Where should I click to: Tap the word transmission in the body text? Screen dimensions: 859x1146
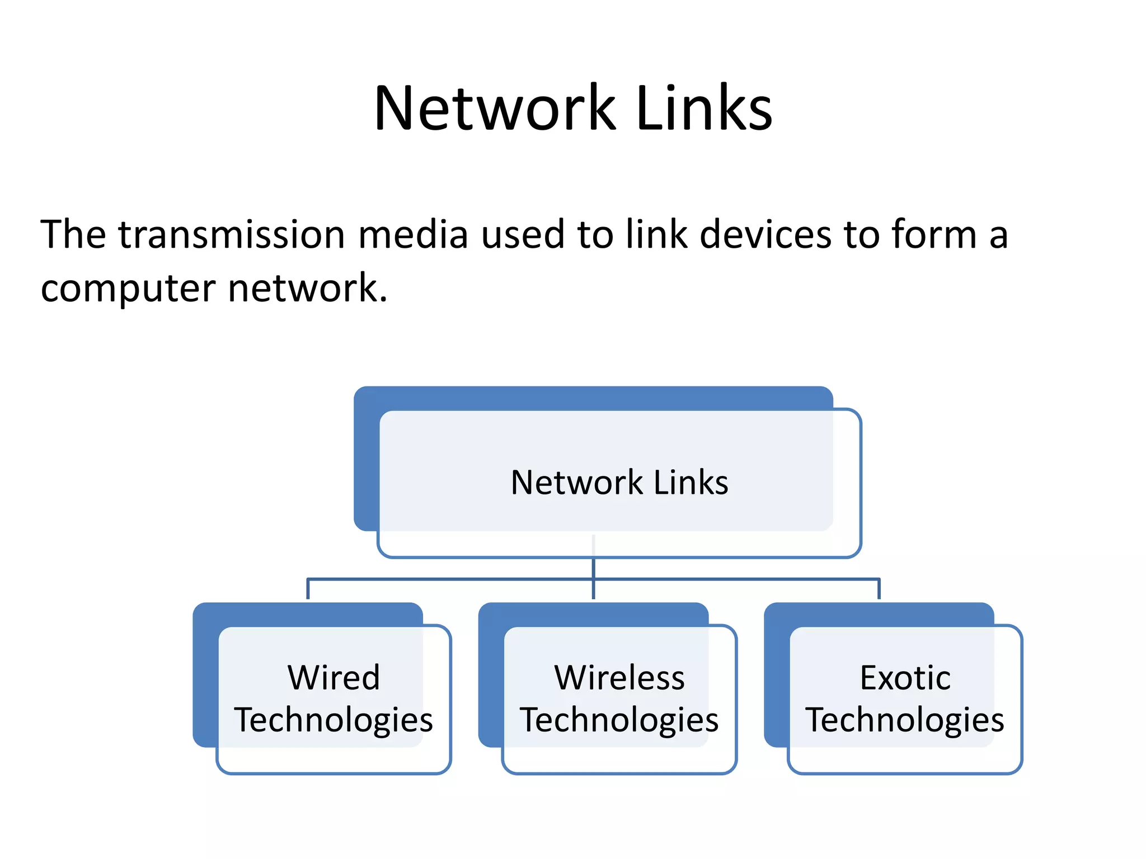click(x=232, y=234)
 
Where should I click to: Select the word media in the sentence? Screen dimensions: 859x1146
click(x=413, y=234)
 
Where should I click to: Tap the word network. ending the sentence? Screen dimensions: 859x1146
click(x=308, y=288)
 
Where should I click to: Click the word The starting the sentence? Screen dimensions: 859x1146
click(x=73, y=234)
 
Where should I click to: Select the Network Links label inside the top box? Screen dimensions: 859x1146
click(x=619, y=482)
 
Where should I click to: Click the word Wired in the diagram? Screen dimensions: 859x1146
click(x=334, y=678)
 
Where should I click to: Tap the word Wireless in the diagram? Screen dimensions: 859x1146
click(x=619, y=678)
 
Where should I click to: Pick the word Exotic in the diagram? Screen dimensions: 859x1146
click(x=905, y=678)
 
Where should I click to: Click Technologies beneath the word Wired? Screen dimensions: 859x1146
click(x=334, y=720)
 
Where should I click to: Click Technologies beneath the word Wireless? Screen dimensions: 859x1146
click(x=619, y=720)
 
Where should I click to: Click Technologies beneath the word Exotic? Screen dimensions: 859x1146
click(x=905, y=720)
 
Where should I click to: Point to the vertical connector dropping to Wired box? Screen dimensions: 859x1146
click(x=308, y=589)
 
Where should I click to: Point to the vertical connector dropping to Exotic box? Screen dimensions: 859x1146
click(x=879, y=589)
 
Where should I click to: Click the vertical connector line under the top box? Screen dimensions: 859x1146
click(x=593, y=567)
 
